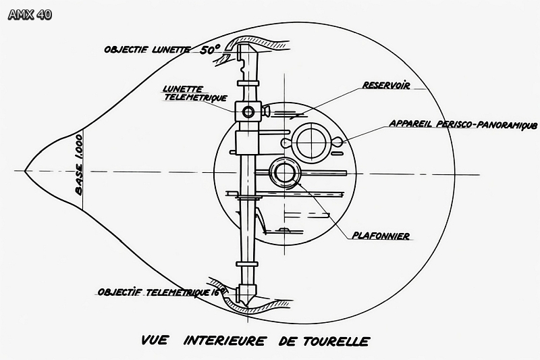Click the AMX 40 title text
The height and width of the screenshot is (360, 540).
click(x=30, y=14)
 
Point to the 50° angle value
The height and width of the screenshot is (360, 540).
click(x=211, y=49)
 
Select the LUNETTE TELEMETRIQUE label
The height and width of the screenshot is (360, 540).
click(x=194, y=93)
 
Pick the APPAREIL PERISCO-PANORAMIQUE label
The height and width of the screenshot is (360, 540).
click(x=463, y=124)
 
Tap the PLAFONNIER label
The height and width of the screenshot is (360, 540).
click(x=381, y=236)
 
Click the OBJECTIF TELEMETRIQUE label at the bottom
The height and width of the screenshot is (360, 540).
click(x=159, y=292)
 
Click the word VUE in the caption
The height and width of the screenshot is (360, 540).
click(x=154, y=340)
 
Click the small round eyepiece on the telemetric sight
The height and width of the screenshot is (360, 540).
click(x=249, y=111)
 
